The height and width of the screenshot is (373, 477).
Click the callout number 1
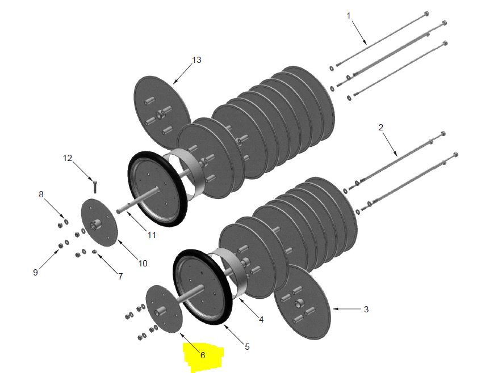click(x=349, y=16)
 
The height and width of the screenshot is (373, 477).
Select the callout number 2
click(x=381, y=128)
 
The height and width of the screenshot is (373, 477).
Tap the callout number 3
click(x=366, y=310)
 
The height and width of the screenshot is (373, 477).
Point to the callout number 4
click(x=261, y=320)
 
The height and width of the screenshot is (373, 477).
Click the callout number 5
click(x=247, y=346)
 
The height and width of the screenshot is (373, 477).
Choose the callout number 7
click(x=120, y=277)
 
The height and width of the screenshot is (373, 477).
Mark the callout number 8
click(x=41, y=194)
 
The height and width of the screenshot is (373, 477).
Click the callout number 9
click(x=35, y=273)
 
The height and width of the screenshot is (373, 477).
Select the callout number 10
click(x=143, y=263)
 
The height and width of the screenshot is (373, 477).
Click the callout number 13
click(x=196, y=60)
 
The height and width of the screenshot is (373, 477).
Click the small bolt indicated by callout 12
click(x=95, y=185)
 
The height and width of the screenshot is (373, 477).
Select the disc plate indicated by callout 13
click(x=162, y=105)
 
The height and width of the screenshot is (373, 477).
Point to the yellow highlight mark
click(x=203, y=356)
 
